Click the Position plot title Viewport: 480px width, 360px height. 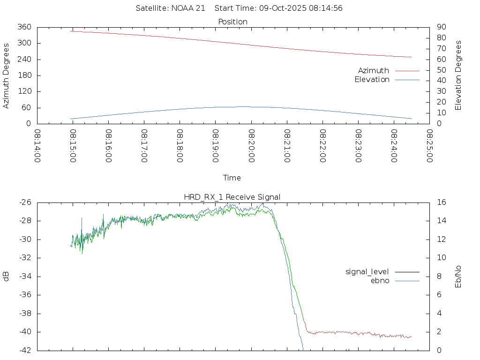tap(232, 22)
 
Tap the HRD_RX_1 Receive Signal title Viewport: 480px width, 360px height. tap(232, 197)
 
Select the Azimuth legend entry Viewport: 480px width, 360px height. tap(374, 70)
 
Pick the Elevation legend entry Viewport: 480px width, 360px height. tap(372, 80)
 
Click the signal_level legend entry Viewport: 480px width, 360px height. tap(367, 271)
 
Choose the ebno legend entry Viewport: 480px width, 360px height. tap(380, 281)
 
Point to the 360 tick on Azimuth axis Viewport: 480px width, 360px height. tap(24, 27)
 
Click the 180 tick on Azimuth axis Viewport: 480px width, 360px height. tap(24, 75)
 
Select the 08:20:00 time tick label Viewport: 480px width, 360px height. tap(251, 146)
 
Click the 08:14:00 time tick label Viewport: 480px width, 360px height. tap(37, 146)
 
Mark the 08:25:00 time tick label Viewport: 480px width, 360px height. tap(429, 146)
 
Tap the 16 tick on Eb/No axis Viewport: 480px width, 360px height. tap(441, 202)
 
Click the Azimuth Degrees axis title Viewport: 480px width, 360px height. tap(7, 75)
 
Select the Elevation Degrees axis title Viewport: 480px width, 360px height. tap(458, 75)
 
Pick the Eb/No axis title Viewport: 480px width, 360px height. tap(458, 276)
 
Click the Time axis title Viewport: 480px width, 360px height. tap(232, 178)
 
